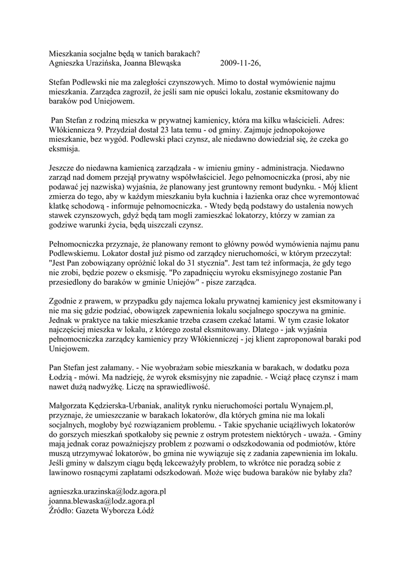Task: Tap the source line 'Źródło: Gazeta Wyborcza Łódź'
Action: [x=102, y=511]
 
